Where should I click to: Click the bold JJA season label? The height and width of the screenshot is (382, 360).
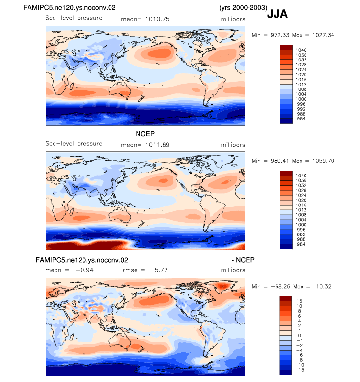[277, 14]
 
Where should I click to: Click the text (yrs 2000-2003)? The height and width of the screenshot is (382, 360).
[243, 7]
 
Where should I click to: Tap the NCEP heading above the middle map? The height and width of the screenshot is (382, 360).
[145, 134]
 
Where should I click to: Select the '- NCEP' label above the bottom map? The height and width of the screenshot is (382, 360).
[243, 260]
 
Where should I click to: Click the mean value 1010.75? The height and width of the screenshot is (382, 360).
[157, 19]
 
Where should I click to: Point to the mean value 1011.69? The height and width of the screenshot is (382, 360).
[157, 145]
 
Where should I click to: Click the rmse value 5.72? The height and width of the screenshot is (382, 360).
[161, 270]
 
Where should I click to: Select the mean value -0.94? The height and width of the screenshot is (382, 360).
[84, 270]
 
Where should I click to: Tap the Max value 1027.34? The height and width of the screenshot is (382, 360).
[323, 35]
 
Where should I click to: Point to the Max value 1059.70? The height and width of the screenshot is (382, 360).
[323, 161]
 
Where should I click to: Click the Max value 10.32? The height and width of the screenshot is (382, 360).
[324, 286]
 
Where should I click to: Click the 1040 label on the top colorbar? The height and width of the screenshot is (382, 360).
[301, 50]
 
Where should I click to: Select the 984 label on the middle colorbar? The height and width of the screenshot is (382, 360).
[301, 244]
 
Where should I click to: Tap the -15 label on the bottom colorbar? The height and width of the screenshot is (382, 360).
[299, 370]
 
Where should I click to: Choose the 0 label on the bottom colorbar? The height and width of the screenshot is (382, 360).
[299, 335]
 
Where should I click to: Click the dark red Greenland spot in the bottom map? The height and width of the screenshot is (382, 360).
[222, 286]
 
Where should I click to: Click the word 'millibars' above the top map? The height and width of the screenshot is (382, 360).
[233, 19]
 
